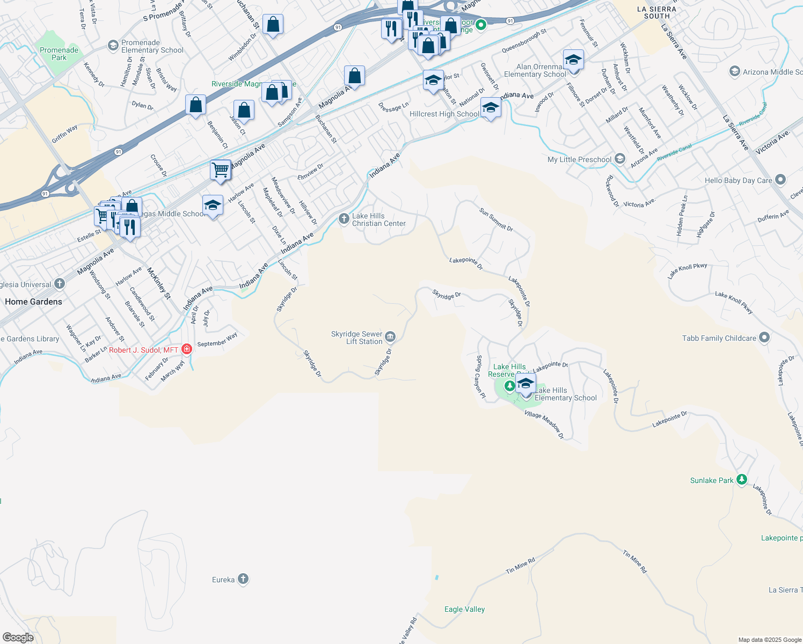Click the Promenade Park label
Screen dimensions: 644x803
point(59,54)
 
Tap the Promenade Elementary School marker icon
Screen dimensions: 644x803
point(113,46)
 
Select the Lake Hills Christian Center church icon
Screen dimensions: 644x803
point(344,218)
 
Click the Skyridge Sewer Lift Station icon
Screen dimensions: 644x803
point(390,337)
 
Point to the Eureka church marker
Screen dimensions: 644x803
point(243,579)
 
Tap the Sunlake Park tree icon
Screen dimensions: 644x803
point(741,480)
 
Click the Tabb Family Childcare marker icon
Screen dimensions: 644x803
point(764,338)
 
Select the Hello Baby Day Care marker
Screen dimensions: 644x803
point(780,180)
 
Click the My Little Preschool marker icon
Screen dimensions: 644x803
point(620,159)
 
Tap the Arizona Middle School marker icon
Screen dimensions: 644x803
point(734,71)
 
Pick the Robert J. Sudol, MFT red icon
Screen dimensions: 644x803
point(186,349)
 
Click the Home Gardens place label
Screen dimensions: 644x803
point(33,302)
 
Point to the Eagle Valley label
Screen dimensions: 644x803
point(464,609)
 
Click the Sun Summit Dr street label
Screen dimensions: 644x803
point(496,220)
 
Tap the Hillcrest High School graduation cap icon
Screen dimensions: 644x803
point(491,108)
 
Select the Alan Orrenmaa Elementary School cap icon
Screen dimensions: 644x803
point(573,60)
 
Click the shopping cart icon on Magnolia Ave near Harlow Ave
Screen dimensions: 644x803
point(221,170)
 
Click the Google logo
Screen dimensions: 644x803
point(18,638)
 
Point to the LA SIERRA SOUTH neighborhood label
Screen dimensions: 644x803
point(656,12)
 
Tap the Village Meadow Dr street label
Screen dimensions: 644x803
point(544,425)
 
